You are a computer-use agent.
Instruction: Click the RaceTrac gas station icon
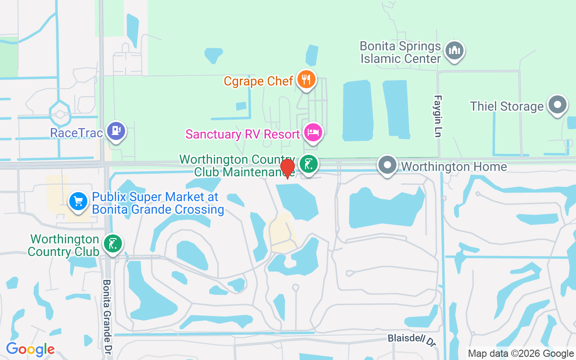click(x=117, y=131)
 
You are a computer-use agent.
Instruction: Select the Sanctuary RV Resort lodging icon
click(x=313, y=132)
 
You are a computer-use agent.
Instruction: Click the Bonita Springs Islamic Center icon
click(x=454, y=50)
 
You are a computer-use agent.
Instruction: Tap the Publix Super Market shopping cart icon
click(x=78, y=201)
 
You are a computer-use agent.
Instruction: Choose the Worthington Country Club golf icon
click(x=112, y=243)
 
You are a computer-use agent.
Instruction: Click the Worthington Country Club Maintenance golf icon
click(x=309, y=164)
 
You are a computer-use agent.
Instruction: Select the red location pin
click(x=288, y=168)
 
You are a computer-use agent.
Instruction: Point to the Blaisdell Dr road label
click(x=412, y=340)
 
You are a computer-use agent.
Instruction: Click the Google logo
click(x=30, y=349)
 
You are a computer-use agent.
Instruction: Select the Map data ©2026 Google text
click(x=521, y=354)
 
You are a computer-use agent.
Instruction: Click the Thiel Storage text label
click(x=507, y=106)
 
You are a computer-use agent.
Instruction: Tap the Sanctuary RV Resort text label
click(x=243, y=134)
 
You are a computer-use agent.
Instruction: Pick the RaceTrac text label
click(x=76, y=133)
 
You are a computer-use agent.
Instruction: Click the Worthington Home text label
click(x=454, y=166)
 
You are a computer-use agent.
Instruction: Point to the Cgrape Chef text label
click(x=259, y=81)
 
